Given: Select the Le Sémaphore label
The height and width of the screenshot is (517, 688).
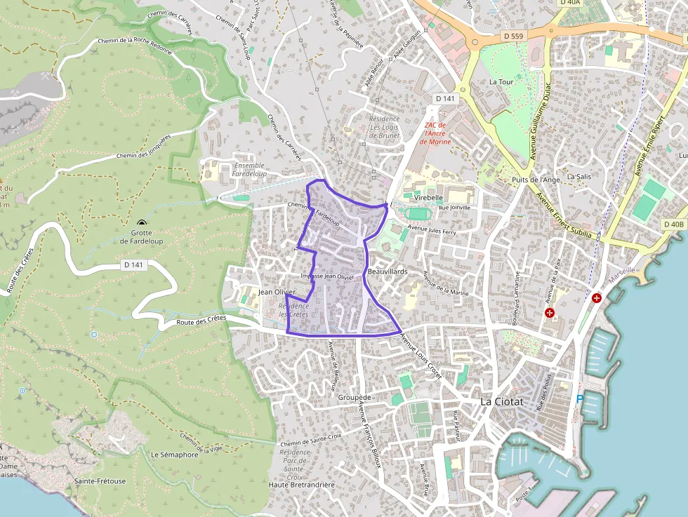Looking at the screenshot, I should tap(174, 455).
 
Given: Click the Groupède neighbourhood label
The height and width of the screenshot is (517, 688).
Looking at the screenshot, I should tap(354, 397).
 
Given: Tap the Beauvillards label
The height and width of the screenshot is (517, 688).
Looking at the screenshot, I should tap(388, 271).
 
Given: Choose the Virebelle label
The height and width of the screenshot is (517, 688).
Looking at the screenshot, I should tap(429, 198).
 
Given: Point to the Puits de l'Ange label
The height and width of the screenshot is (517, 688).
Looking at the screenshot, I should tap(536, 180).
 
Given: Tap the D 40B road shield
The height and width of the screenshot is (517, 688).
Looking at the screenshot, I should tap(673, 224).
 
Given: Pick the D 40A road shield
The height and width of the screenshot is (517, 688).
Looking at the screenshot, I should tap(570, 3).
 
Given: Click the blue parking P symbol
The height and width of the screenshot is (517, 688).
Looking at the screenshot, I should tap(580, 399).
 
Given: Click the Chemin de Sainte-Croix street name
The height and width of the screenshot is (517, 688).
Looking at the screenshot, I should tap(310, 441).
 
